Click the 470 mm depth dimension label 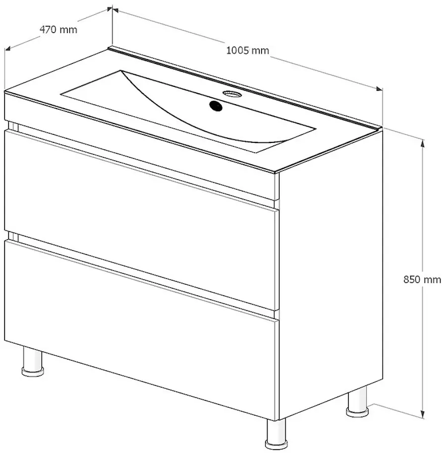tap(58, 29)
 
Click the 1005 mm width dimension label tap(247, 51)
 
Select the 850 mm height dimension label tap(422, 279)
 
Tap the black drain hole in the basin tap(216, 106)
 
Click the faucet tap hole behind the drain tap(232, 94)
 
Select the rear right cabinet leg tap(357, 402)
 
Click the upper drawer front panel tap(141, 220)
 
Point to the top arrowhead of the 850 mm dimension tap(423, 143)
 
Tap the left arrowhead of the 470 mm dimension tap(8, 48)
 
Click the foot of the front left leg tap(33, 372)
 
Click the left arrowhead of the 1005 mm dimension tap(115, 11)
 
